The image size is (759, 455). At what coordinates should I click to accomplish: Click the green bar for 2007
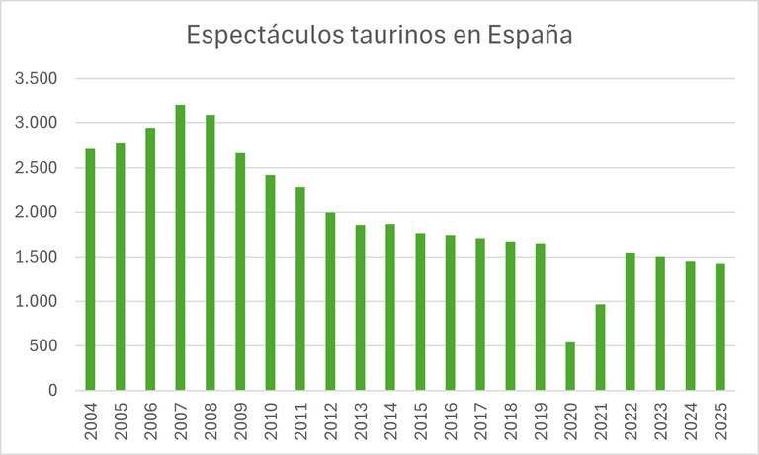click(x=180, y=247)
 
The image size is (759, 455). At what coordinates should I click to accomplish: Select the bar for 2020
click(x=569, y=366)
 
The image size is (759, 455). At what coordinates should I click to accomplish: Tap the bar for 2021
click(x=599, y=347)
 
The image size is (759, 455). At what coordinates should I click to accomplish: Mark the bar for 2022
click(x=630, y=321)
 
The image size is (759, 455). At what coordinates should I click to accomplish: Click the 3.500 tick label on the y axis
click(x=37, y=79)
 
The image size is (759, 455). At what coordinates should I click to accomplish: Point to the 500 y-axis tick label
click(x=45, y=346)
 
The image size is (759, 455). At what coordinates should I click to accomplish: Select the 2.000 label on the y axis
click(x=37, y=212)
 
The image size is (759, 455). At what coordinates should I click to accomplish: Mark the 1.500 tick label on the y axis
click(x=37, y=258)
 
